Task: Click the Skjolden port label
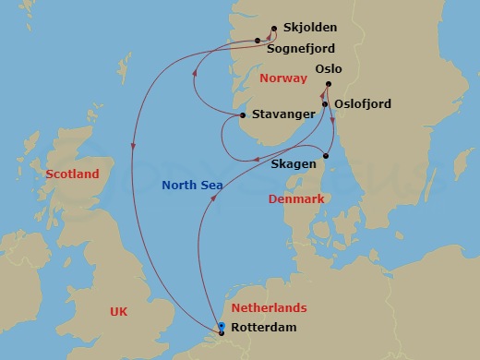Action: point(310,28)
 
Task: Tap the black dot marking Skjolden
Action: point(274,29)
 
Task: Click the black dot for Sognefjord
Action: point(258,41)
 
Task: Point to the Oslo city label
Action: point(329,68)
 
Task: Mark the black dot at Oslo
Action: point(328,88)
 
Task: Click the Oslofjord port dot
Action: point(325,104)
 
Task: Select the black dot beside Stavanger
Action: point(243,115)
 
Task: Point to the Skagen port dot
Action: point(326,155)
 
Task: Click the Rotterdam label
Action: point(265,328)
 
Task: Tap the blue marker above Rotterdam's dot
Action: point(222,325)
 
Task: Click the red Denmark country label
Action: point(295,198)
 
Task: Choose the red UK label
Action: point(118,312)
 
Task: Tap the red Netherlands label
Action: point(269,307)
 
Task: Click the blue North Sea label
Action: point(193,186)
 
